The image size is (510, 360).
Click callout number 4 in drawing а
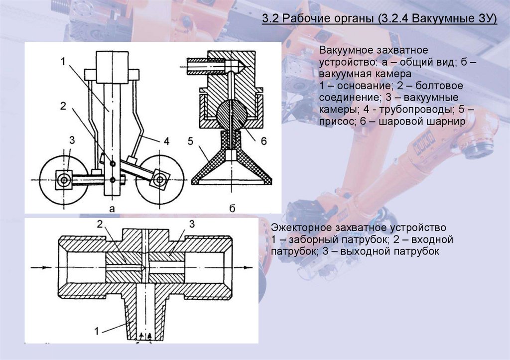(167, 141)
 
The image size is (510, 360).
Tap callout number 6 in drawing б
(263, 141)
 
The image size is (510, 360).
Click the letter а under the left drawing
(112, 209)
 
